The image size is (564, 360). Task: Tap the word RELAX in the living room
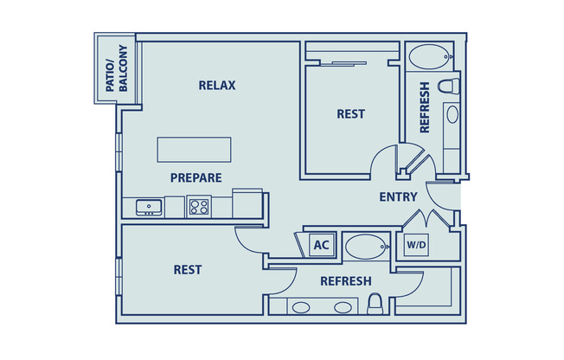(217, 85)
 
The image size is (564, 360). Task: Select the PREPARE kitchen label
(195, 177)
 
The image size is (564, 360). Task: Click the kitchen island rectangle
(195, 149)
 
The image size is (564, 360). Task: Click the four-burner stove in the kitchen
(199, 207)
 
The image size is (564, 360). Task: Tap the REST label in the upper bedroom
(350, 113)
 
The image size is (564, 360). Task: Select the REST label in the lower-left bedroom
(188, 269)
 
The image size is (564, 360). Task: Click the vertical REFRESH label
(425, 107)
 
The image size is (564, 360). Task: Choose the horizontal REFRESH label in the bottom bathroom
(346, 281)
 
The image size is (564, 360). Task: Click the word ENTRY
(398, 196)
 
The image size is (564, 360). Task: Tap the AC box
(321, 245)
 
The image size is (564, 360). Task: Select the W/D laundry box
(416, 245)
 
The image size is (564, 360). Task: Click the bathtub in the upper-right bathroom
(430, 59)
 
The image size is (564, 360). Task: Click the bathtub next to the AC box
(367, 247)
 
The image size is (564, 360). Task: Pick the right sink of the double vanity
(342, 306)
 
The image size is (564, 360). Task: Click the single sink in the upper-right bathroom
(451, 112)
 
